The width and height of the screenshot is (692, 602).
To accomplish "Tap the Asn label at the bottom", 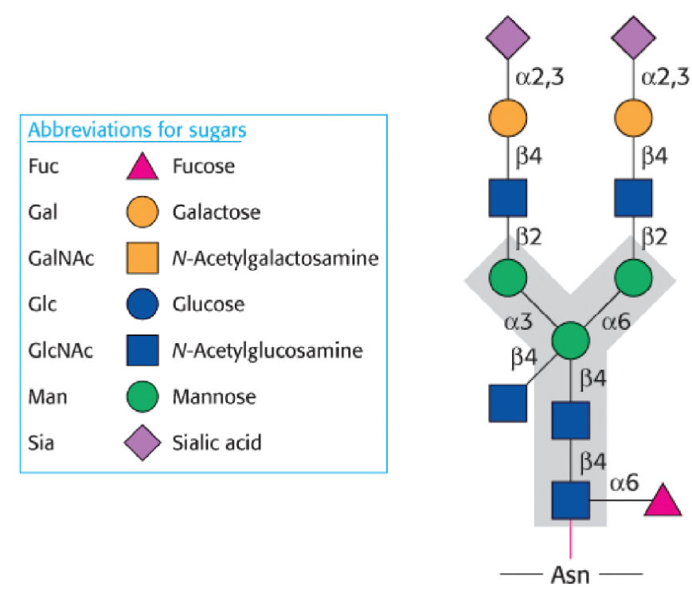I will (570, 574).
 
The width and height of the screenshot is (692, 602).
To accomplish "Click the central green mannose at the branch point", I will (570, 340).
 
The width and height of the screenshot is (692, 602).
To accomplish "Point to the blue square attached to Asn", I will (570, 501).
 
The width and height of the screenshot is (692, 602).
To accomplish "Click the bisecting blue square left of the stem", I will (508, 402).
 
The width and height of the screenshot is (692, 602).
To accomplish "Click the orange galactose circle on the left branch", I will (508, 118).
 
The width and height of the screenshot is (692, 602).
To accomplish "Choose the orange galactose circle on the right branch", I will (634, 118).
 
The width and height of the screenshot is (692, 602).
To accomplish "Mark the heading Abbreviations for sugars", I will (137, 131).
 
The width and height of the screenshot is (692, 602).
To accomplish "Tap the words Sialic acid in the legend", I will (216, 442).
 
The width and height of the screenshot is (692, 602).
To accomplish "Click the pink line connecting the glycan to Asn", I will (570, 541).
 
